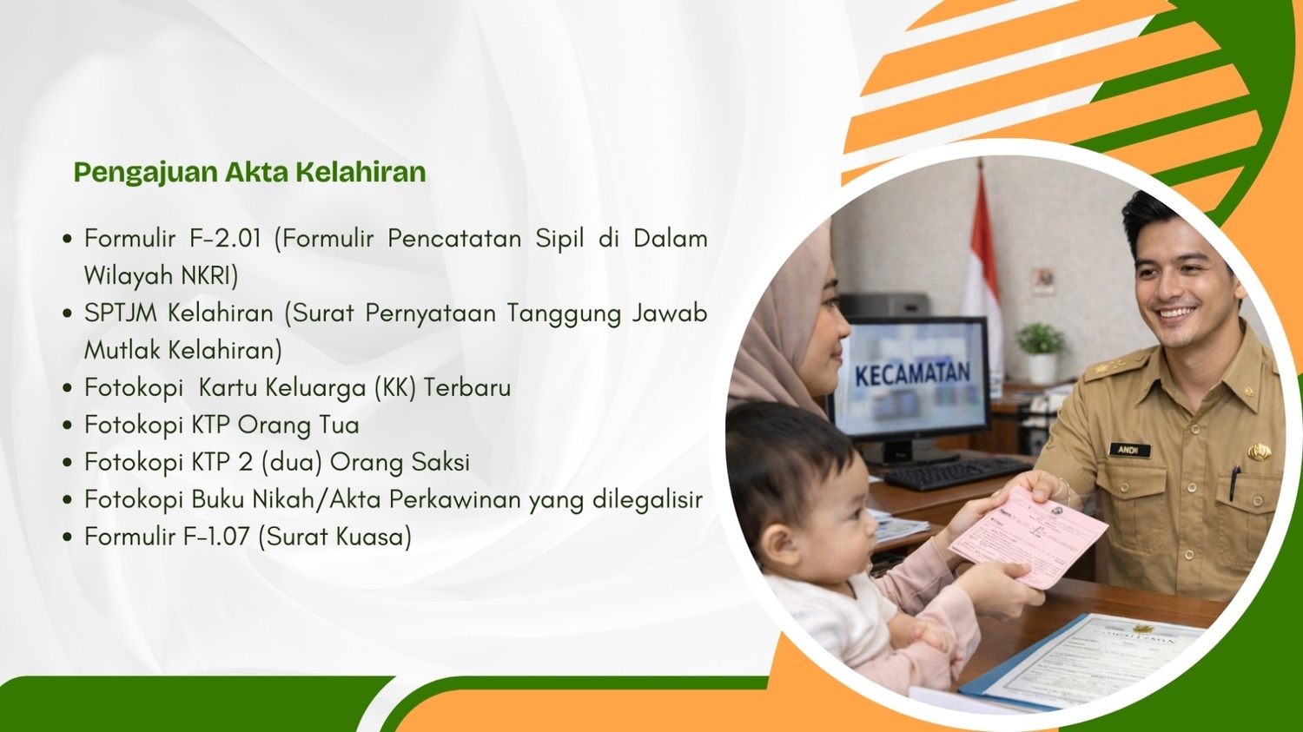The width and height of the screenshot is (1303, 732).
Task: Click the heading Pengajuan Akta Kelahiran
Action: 249,172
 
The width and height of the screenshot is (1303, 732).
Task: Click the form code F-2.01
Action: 226,239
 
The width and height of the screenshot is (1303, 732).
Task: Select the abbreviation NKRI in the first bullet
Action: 208,276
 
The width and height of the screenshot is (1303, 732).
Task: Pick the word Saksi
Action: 440,463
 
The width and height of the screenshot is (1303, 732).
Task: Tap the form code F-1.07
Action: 216,537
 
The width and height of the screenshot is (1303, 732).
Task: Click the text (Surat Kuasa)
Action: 334,537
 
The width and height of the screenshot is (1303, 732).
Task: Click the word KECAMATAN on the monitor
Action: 912,374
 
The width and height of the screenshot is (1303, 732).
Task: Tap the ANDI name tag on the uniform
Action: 1128,450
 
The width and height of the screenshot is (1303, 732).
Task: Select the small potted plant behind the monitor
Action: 1041,350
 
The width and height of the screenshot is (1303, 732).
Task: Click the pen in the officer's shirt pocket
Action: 1234,482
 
